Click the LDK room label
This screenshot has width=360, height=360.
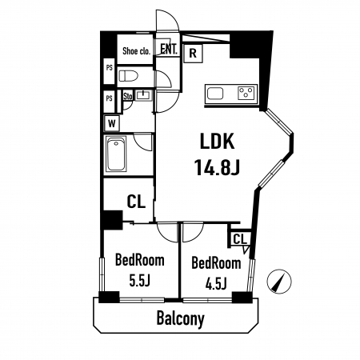(x=218, y=141)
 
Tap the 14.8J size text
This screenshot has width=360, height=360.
(x=217, y=167)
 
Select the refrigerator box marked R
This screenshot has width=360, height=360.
(x=193, y=54)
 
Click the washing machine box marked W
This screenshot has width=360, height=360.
(x=112, y=123)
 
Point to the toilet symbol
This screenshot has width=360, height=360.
(x=128, y=76)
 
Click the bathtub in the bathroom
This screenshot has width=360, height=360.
(x=116, y=154)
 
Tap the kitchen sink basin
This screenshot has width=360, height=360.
(x=215, y=94)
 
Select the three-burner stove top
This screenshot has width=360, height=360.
(x=246, y=94)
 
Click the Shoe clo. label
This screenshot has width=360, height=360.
(x=137, y=50)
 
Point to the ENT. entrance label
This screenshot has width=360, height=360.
(x=169, y=49)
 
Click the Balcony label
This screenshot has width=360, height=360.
(x=181, y=318)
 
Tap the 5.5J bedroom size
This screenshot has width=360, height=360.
(x=140, y=281)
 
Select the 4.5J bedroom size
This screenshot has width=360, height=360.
(x=216, y=284)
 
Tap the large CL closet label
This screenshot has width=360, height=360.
(x=136, y=202)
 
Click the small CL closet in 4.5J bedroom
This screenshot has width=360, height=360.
(x=240, y=239)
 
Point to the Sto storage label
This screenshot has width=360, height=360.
(x=128, y=96)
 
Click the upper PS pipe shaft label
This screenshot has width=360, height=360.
(x=110, y=68)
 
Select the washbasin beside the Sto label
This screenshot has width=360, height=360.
(x=143, y=95)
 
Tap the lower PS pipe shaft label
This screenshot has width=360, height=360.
(x=110, y=98)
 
